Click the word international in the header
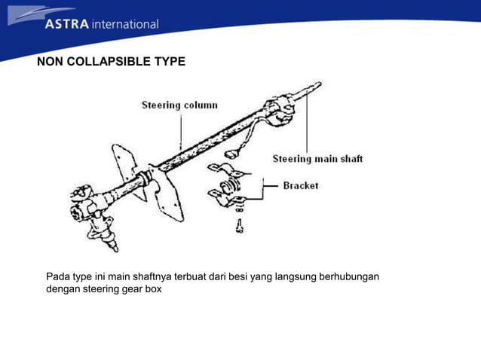pos(124,24)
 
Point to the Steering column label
pos(179,105)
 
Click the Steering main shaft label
pos(317,159)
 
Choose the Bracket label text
pos(301,185)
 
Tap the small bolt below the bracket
pos(240,224)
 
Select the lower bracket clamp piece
pos(230,197)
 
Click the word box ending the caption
pos(153,288)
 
